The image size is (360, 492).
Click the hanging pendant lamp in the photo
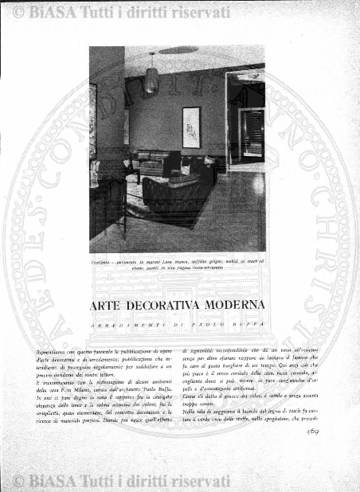point(151,76)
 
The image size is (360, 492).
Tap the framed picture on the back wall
point(191,127)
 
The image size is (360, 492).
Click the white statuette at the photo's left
point(96,171)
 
